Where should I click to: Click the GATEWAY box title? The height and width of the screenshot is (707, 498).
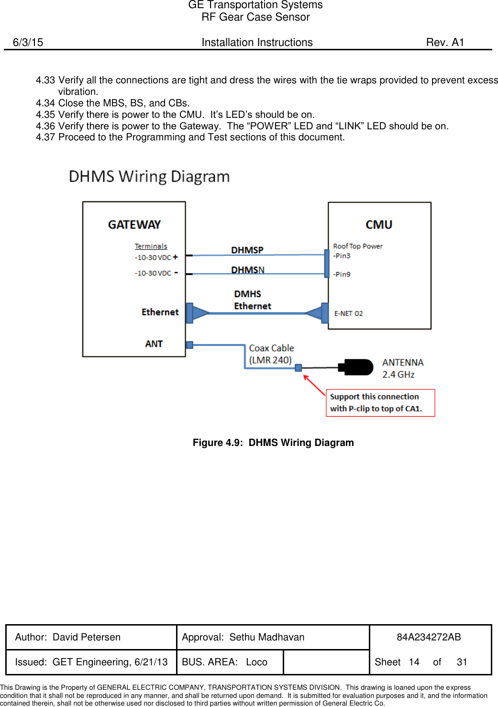pos(134,225)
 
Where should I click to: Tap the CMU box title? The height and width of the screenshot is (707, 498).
pos(379,225)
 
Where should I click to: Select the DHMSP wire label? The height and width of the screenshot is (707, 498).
pos(247,250)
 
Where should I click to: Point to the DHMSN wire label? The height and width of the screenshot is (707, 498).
pos(247,270)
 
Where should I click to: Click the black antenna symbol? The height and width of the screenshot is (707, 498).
pos(356,367)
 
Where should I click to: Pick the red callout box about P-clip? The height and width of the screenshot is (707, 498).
pos(380,403)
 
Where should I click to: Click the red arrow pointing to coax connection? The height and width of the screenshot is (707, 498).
pos(314,385)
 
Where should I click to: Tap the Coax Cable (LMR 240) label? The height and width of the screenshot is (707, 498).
pos(271,354)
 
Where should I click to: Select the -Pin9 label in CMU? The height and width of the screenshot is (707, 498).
pos(342,274)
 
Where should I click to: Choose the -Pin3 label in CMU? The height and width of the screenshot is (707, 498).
pos(342,256)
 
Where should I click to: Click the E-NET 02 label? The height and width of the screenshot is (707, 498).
pos(348,313)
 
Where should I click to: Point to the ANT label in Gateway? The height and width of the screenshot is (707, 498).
pos(154,344)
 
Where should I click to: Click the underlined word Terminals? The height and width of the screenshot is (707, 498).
pos(151,246)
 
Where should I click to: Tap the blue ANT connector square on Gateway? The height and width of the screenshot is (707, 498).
pos(189,345)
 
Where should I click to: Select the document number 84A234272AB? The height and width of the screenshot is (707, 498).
pos(429,637)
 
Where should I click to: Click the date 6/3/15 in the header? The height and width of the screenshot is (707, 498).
pos(28,42)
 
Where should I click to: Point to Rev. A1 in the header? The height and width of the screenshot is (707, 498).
pos(445,42)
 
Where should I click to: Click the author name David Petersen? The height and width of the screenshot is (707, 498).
pos(87,637)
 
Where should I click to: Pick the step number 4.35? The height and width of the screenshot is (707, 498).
pos(45,114)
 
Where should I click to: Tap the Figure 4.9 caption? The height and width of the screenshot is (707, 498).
pos(273,443)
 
